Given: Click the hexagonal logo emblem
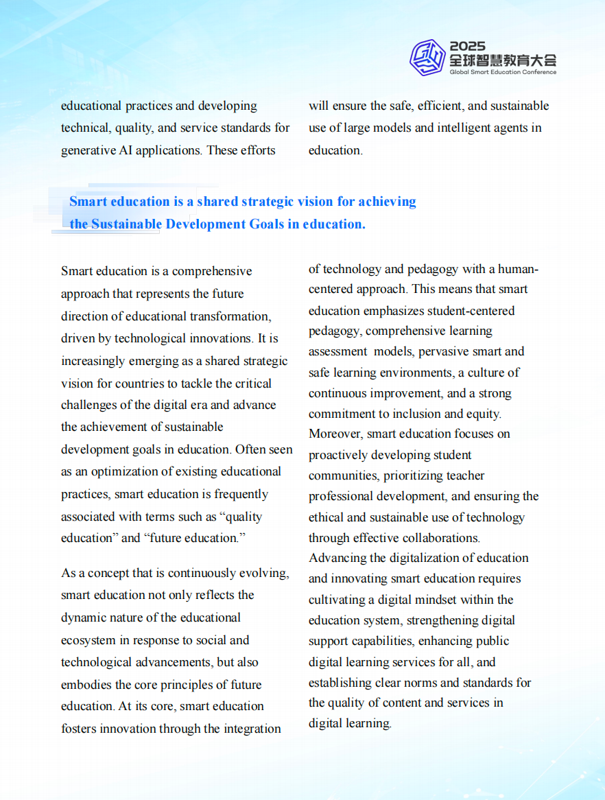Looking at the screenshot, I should point(427,57).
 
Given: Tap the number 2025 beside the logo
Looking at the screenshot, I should point(467,47).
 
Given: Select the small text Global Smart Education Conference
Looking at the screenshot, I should point(503,72).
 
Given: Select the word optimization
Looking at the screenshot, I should point(119,471).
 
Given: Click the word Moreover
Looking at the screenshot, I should point(335,434).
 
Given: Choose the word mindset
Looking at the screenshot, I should point(435,600).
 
